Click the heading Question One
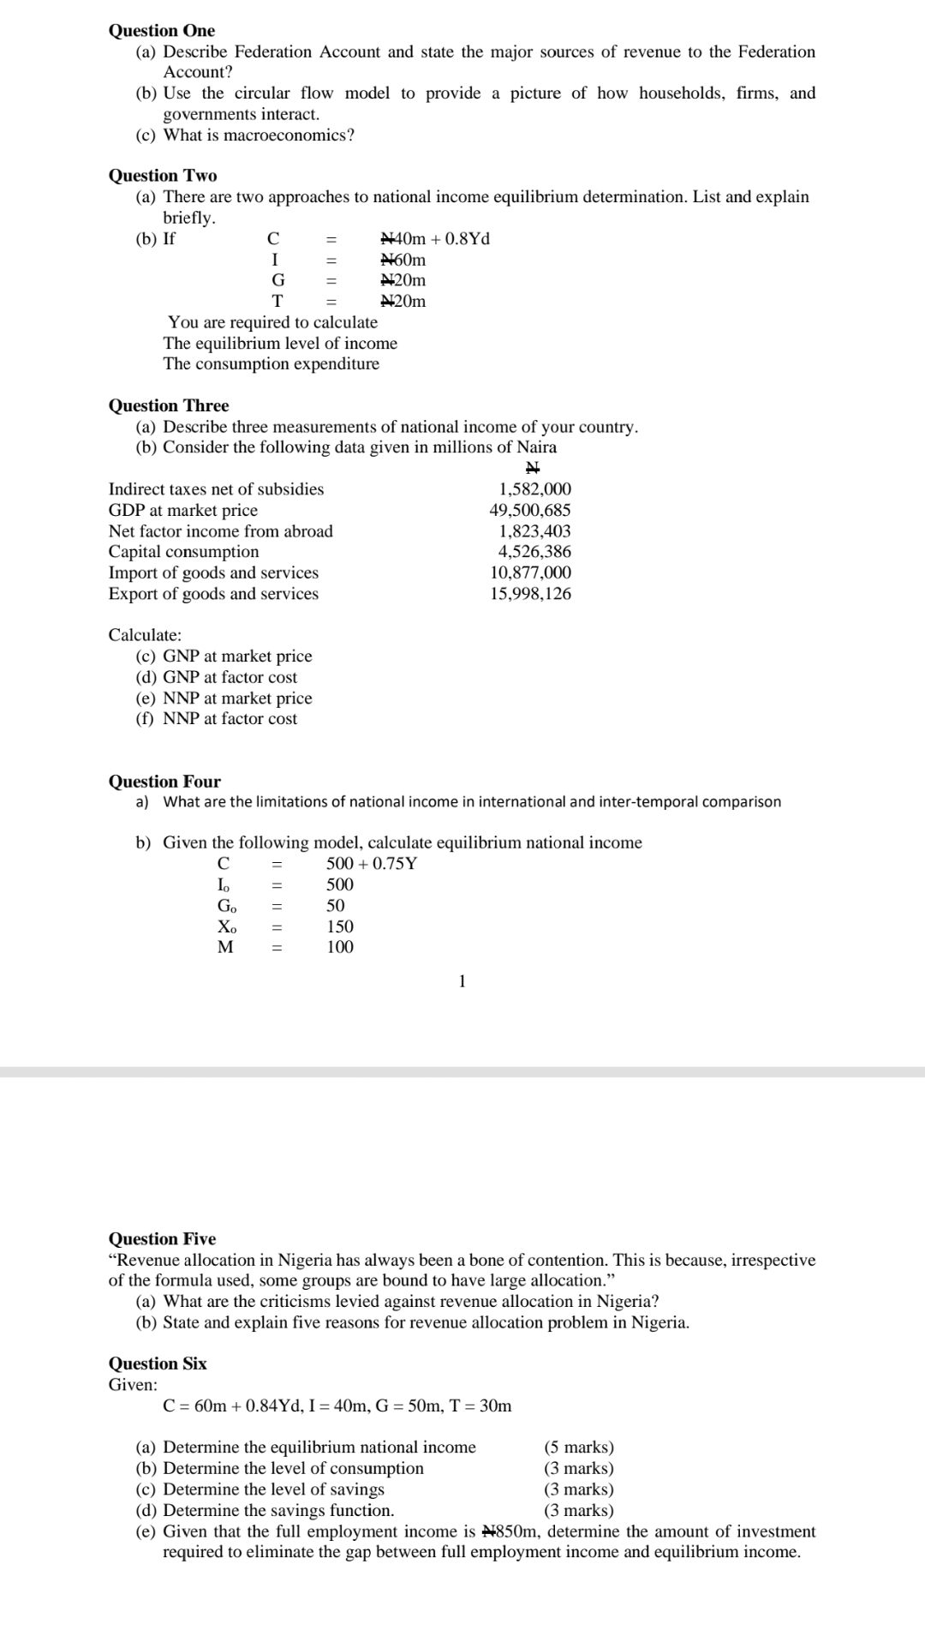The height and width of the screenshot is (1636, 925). [x=162, y=31]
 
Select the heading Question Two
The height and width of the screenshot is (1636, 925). [x=163, y=176]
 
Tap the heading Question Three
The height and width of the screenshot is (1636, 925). [x=169, y=405]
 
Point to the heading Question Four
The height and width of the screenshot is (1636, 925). [x=164, y=782]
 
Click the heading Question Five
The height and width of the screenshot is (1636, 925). [x=162, y=1239]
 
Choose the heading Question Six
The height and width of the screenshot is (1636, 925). [x=158, y=1363]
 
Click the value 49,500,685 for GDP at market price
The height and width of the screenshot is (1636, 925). [x=530, y=511]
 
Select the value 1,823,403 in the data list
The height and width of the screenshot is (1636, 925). [x=534, y=531]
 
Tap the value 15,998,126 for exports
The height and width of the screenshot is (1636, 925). [x=530, y=594]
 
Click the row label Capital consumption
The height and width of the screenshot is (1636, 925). [x=183, y=552]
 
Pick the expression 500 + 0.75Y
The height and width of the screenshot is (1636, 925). [x=372, y=864]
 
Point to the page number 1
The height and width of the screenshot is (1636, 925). [x=462, y=982]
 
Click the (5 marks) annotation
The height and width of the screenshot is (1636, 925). [x=579, y=1447]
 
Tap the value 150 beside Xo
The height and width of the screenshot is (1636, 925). [x=340, y=926]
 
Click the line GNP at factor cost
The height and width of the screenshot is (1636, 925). [x=230, y=677]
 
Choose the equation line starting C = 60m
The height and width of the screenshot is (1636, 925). [x=337, y=1405]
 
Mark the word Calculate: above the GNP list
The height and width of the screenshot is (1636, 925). [x=145, y=635]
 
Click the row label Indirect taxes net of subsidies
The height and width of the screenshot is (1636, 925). [x=216, y=489]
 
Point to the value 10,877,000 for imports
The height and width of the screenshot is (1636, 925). [x=530, y=572]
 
